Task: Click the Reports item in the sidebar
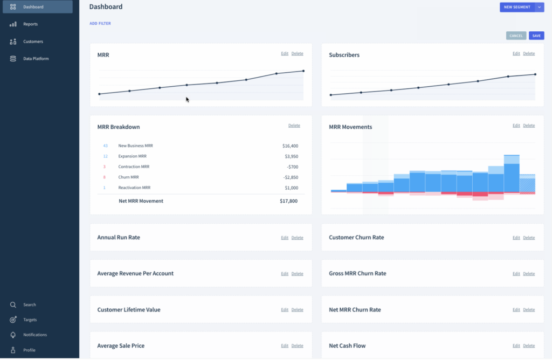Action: pyautogui.click(x=30, y=24)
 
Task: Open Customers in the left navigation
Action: pyautogui.click(x=33, y=41)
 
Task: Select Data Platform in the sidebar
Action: pyautogui.click(x=36, y=59)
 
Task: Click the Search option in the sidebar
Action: pyautogui.click(x=29, y=305)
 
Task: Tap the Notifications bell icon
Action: pyautogui.click(x=13, y=335)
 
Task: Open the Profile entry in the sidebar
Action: pyautogui.click(x=29, y=350)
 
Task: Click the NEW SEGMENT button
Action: pyautogui.click(x=516, y=7)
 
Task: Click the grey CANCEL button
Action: pyautogui.click(x=516, y=36)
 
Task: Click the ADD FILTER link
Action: pyautogui.click(x=100, y=24)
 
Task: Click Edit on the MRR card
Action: pyautogui.click(x=285, y=53)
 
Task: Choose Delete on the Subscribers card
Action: pyautogui.click(x=529, y=53)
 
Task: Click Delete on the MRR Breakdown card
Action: pyautogui.click(x=294, y=126)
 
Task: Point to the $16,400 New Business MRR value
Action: pyautogui.click(x=290, y=146)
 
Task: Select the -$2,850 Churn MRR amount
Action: pyautogui.click(x=290, y=177)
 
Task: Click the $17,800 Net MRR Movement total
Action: pyautogui.click(x=288, y=201)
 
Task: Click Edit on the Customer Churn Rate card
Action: pyautogui.click(x=516, y=238)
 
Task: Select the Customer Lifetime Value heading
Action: pyautogui.click(x=129, y=310)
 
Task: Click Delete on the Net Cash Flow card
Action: pyautogui.click(x=529, y=346)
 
